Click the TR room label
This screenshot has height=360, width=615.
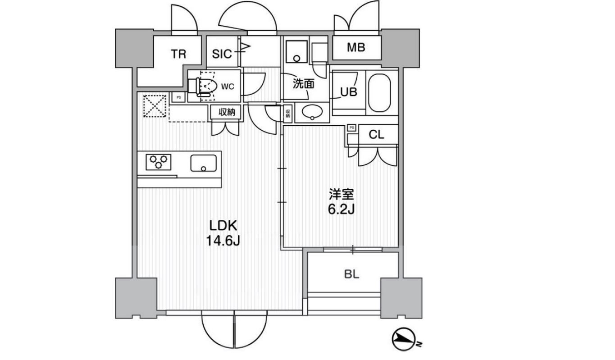(x=178, y=54)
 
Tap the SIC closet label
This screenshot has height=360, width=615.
(x=222, y=54)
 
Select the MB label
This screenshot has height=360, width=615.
(x=356, y=47)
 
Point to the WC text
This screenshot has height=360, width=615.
(x=228, y=87)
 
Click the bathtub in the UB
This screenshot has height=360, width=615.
(x=379, y=93)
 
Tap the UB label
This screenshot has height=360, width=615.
(x=349, y=92)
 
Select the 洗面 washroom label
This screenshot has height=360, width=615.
(x=303, y=84)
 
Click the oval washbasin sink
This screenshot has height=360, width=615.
(x=312, y=112)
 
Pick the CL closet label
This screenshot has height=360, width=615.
(x=376, y=135)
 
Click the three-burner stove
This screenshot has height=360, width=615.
(x=159, y=162)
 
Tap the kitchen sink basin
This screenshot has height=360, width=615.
(x=204, y=163)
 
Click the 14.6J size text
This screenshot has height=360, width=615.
(x=223, y=241)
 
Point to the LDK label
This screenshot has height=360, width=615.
(x=223, y=226)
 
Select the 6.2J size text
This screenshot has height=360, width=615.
(x=341, y=209)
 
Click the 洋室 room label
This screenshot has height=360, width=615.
(x=341, y=194)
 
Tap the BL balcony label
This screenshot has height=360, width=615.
(x=352, y=274)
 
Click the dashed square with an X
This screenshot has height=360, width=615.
(x=155, y=106)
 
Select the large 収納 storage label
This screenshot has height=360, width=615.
(x=227, y=112)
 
